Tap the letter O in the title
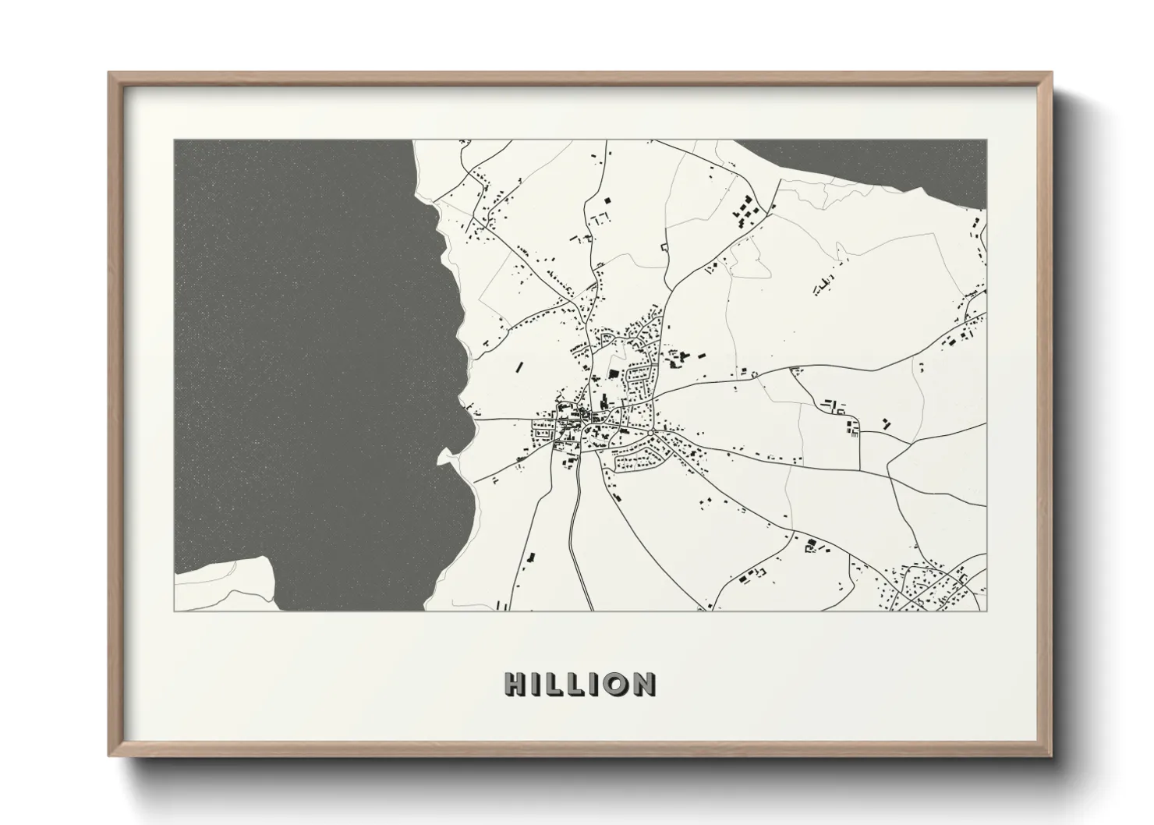pyautogui.click(x=614, y=684)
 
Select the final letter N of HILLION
pyautogui.click(x=642, y=684)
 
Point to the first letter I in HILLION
pyautogui.click(x=537, y=684)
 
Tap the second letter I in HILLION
pyautogui.click(x=593, y=684)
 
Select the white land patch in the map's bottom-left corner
pyautogui.click(x=226, y=585)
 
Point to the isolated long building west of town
pyautogui.click(x=519, y=366)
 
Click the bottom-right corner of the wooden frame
pyautogui.click(x=1050, y=755)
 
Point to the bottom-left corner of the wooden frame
pyautogui.click(x=110, y=755)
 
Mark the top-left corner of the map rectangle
pyautogui.click(x=174, y=140)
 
